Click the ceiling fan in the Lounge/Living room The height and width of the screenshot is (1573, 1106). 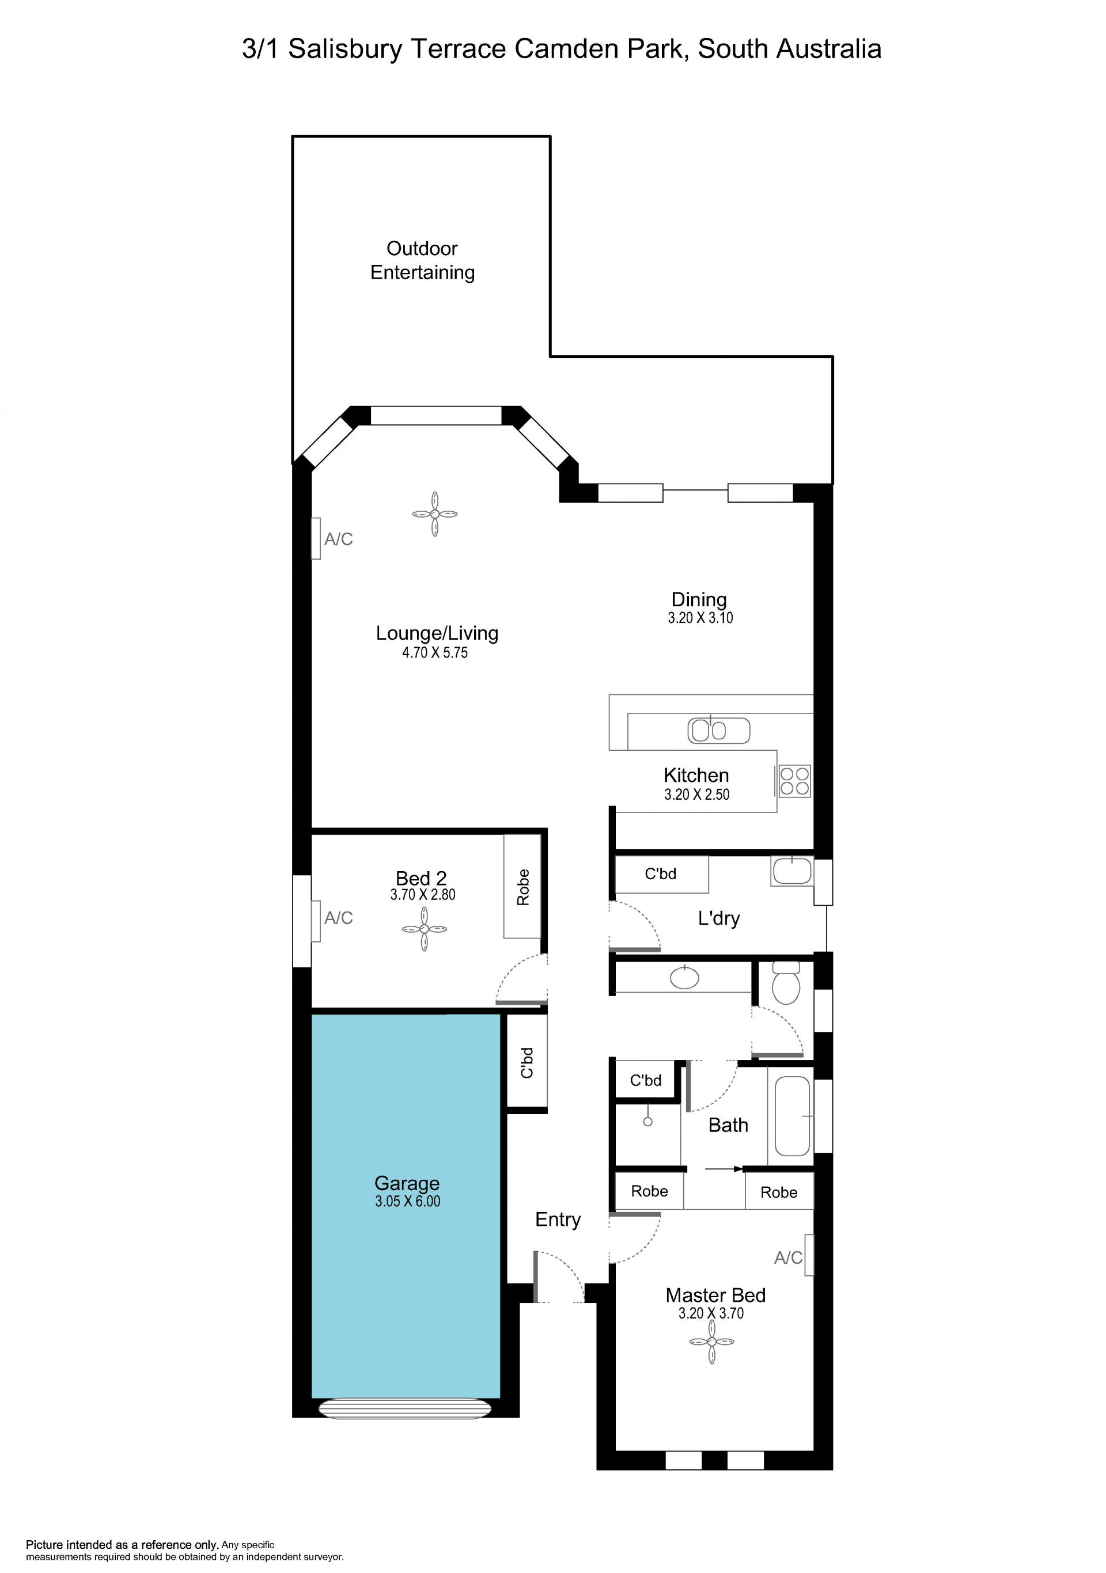point(434,514)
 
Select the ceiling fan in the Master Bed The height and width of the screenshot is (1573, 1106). point(711,1342)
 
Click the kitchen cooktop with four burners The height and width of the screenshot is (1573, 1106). point(795,781)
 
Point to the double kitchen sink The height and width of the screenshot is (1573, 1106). point(719,730)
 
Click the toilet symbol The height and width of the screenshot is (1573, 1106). point(786,982)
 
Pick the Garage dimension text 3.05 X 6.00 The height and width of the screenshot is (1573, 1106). point(408,1201)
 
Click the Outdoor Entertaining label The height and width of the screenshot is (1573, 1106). point(422,260)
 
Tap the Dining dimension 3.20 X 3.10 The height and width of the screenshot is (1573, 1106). point(700,618)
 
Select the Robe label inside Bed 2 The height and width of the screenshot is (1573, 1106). point(523,887)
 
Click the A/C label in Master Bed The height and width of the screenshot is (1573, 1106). point(788,1258)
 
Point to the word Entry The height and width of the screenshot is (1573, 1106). point(558,1219)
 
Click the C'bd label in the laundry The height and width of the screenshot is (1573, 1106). point(661,873)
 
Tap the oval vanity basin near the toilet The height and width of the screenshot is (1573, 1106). point(684,977)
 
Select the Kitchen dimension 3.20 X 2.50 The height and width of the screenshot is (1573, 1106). point(697,795)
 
